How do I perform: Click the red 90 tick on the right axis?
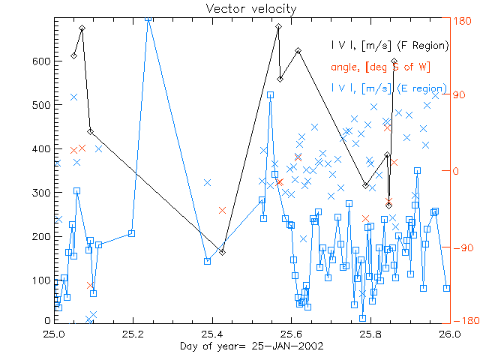pyautogui.click(x=462, y=94)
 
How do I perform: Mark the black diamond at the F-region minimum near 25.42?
pyautogui.click(x=222, y=252)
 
